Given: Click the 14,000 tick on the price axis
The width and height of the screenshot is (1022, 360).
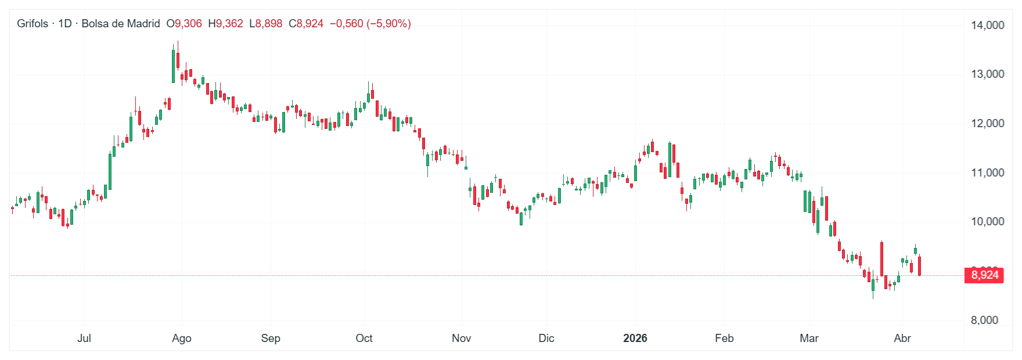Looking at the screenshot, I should point(987,25).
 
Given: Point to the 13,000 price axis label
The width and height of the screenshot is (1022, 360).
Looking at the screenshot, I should point(987,74).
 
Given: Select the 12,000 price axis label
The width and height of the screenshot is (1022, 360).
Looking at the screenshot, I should point(987,123).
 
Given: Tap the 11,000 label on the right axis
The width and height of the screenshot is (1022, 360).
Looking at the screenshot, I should point(987,172).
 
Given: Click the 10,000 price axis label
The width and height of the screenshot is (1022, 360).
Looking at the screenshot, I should point(987,221).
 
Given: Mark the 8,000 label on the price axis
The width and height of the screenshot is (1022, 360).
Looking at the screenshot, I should point(984,320).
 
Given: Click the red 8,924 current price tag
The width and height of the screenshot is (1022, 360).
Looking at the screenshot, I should point(984,275).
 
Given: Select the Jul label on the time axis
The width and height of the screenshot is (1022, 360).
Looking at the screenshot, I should point(84,338).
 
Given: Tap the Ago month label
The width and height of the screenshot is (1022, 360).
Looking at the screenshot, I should point(182,338).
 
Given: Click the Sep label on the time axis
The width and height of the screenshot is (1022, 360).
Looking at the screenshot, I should point(271,338).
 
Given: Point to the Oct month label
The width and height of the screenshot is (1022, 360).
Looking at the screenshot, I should point(364,338).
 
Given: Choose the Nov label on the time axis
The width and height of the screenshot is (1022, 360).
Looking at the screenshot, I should point(462,338).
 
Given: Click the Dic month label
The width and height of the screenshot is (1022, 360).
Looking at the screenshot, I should point(546,338).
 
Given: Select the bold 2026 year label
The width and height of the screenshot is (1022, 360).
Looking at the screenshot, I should point(635,338).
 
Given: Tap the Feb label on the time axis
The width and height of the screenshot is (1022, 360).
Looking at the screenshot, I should point(724,338).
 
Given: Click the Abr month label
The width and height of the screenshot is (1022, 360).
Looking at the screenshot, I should point(902,338).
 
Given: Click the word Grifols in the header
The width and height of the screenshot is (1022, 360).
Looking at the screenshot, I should point(33,24).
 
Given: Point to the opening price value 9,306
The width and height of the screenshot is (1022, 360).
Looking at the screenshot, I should point(188,24).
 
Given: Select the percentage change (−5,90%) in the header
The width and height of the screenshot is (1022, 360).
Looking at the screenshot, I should point(388,24).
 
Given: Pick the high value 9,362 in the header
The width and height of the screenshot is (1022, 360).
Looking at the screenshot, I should point(229,24).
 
